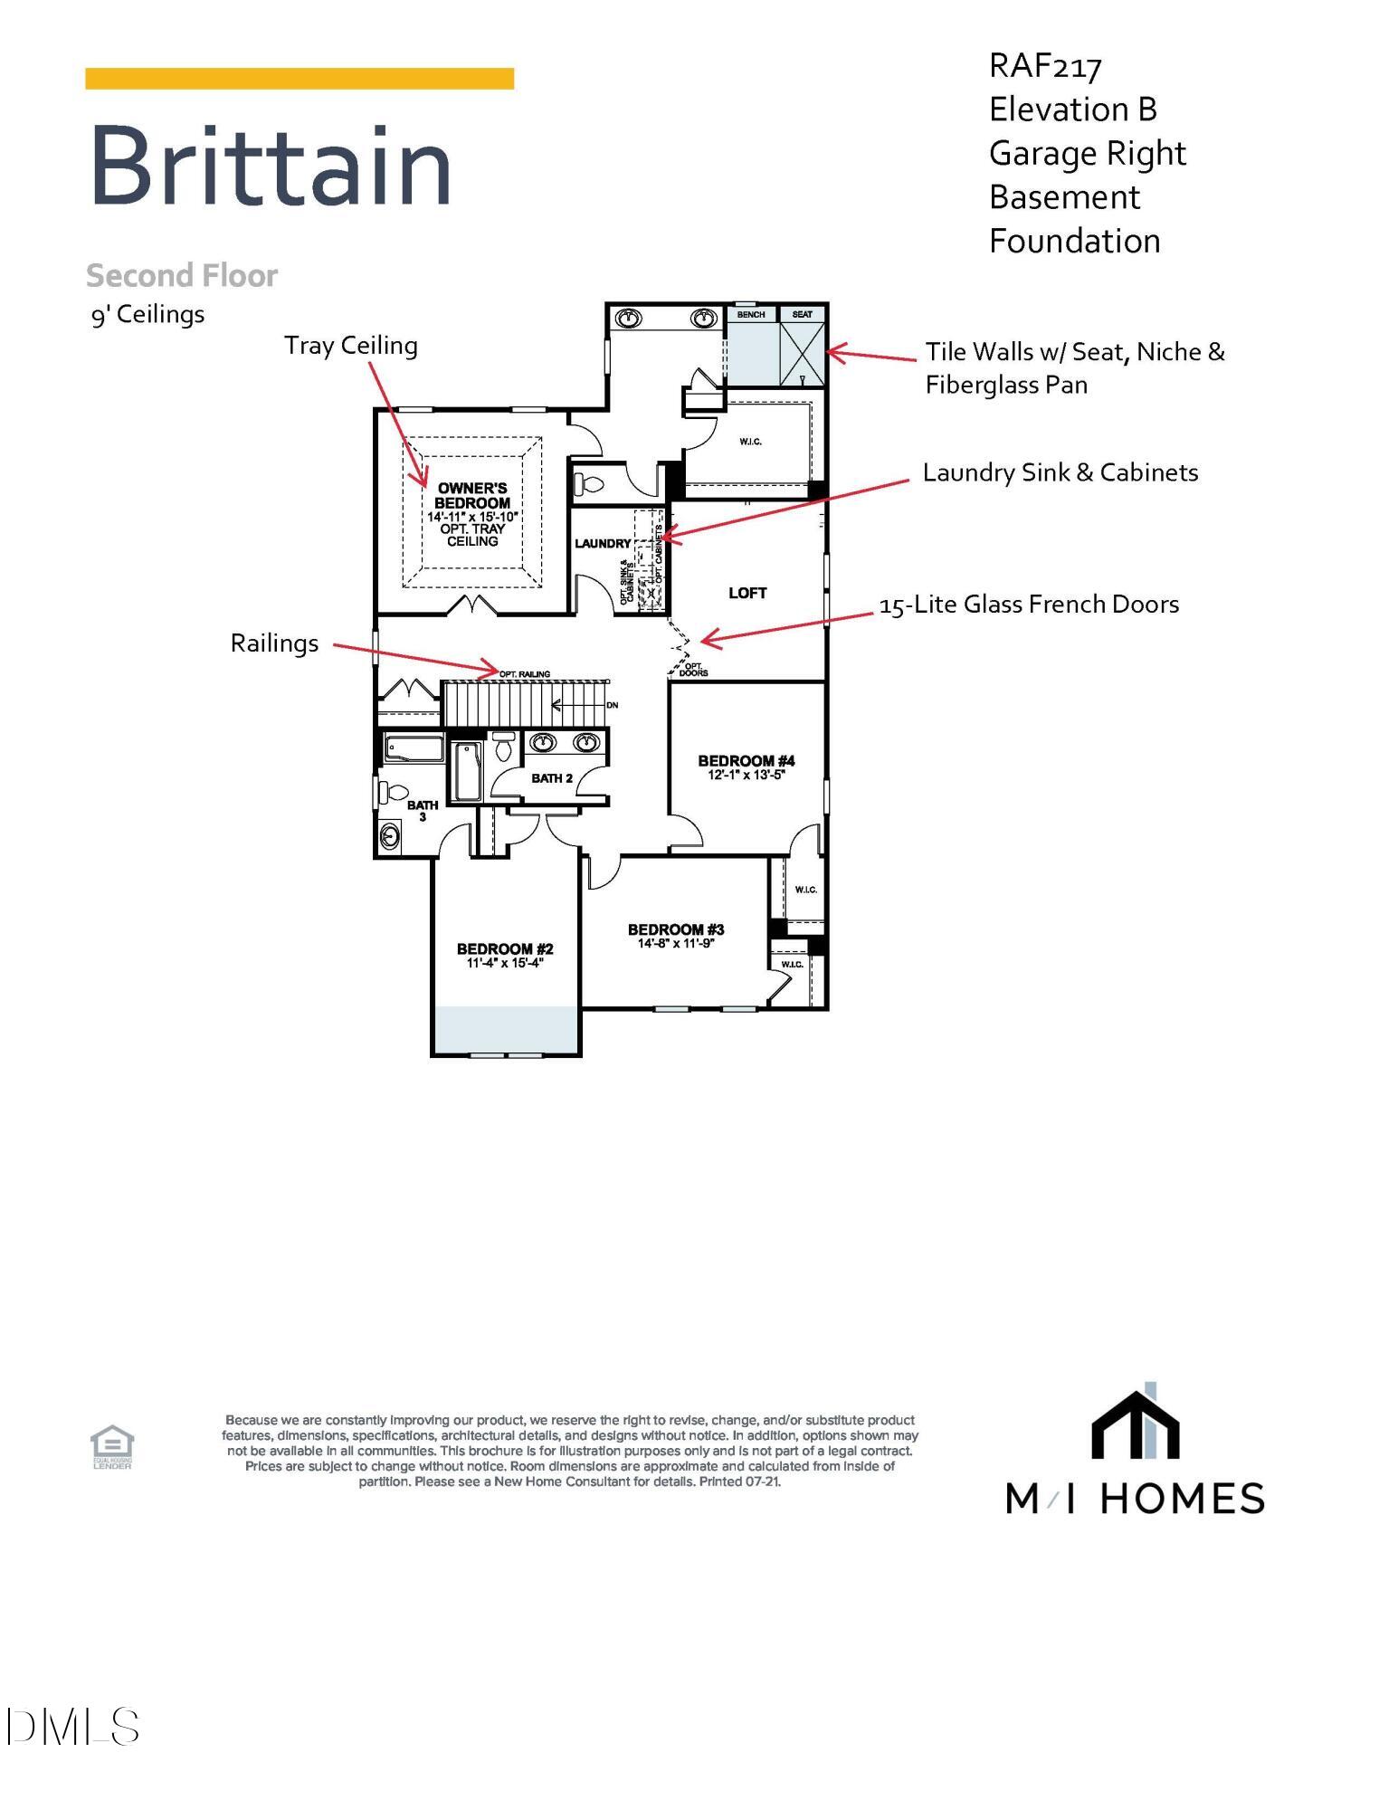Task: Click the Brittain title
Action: (x=270, y=167)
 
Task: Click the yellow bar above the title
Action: (x=300, y=79)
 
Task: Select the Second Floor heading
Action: (x=181, y=275)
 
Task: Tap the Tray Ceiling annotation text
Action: (x=351, y=346)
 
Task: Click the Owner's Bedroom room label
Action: (x=472, y=495)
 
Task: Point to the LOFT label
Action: (x=747, y=593)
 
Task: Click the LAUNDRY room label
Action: (x=603, y=543)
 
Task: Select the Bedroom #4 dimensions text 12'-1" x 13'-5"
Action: (x=747, y=775)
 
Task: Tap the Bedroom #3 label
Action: (x=676, y=929)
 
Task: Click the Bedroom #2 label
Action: (x=505, y=948)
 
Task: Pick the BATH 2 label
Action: (x=552, y=777)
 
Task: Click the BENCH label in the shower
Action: (x=751, y=314)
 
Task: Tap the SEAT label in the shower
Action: (x=802, y=314)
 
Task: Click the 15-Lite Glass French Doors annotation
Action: (x=1029, y=605)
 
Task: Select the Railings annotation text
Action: (x=274, y=643)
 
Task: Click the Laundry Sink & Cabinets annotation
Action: (x=1060, y=472)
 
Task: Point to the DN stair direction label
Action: (x=612, y=705)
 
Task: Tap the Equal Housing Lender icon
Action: (x=112, y=1445)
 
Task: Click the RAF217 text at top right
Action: (x=1045, y=66)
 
